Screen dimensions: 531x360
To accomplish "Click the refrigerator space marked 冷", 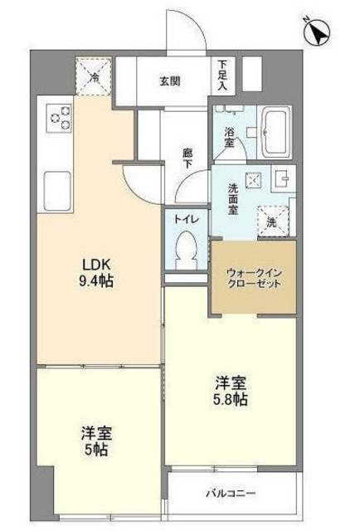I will point(94,77).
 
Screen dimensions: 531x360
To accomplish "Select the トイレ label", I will point(186,219).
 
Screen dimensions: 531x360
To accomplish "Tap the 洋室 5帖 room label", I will point(96,441).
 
